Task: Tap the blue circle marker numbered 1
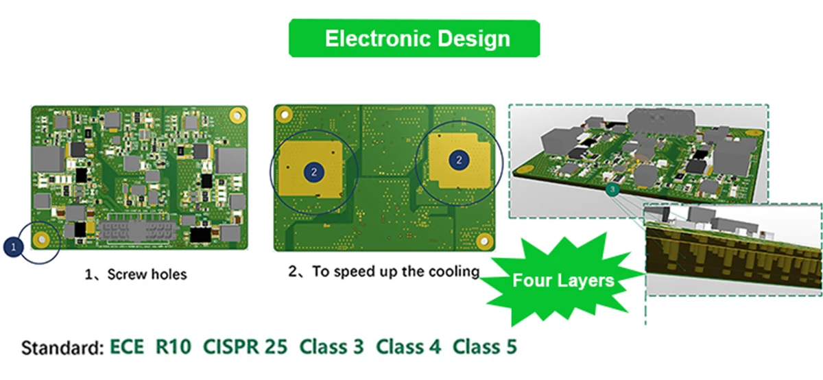point(14,244)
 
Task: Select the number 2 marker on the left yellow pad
point(314,172)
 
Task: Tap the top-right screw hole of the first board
point(237,114)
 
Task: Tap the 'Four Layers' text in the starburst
point(563,280)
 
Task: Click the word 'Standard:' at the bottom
point(62,347)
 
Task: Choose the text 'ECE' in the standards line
point(128,346)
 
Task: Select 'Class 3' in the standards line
point(331,346)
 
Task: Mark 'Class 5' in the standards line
point(485,346)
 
